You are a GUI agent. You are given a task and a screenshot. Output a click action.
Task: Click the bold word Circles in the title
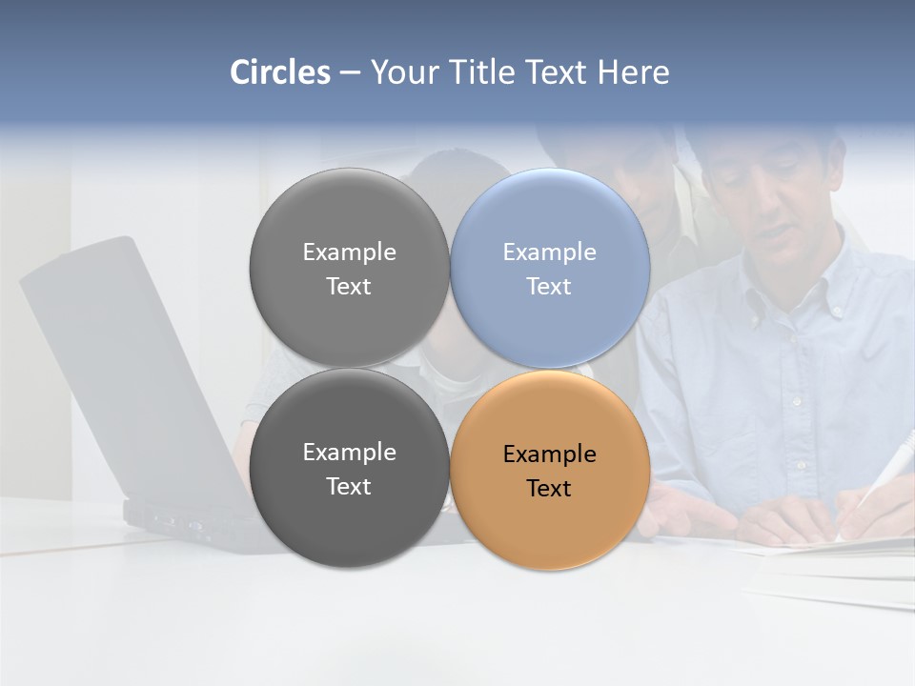click(x=280, y=72)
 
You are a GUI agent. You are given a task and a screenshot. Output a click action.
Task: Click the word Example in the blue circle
click(x=549, y=252)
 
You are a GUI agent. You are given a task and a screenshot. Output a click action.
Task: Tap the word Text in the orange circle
click(x=549, y=489)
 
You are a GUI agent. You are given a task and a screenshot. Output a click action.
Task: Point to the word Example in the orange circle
click(x=549, y=454)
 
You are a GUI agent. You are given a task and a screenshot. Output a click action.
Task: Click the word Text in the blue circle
click(x=549, y=287)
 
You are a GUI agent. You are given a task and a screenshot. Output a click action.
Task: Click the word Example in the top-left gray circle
click(x=349, y=252)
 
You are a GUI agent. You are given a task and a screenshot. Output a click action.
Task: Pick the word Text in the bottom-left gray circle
click(x=349, y=487)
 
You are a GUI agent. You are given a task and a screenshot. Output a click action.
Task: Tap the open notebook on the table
click(x=829, y=557)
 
